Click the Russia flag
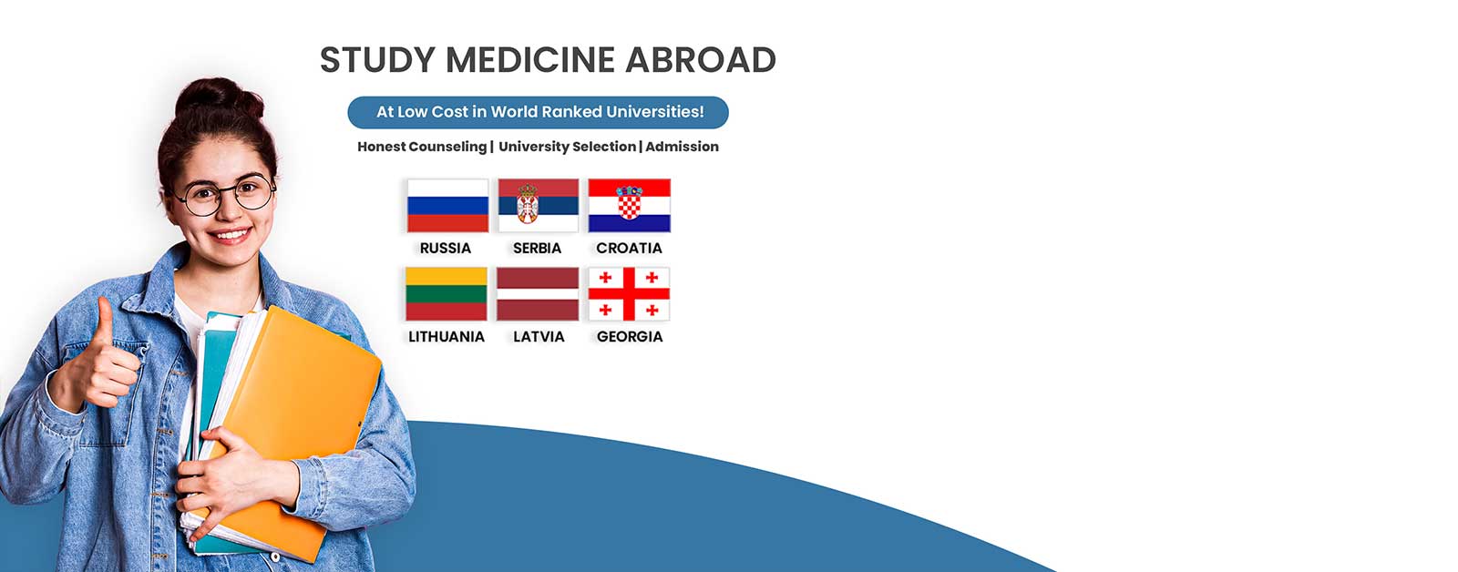pos(447,206)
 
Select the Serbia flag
pos(539,206)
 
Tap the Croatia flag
pos(630,206)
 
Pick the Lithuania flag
pos(447,294)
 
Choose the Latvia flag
pos(538,294)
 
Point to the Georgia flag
pos(629,294)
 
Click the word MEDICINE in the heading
pos(530,60)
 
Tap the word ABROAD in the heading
pos(701,60)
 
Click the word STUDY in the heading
pos(377,60)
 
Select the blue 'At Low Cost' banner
pos(539,112)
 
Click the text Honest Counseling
pos(422,147)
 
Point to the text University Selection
pos(567,147)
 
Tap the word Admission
pos(683,147)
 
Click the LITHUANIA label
pos(447,336)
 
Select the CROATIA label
pos(629,248)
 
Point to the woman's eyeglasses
pos(224,194)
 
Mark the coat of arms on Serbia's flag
pos(528,203)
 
